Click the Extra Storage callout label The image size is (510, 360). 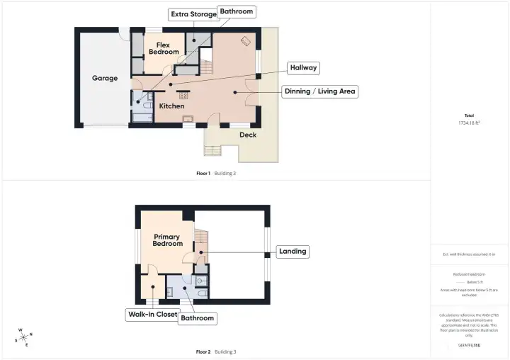pyautogui.click(x=192, y=14)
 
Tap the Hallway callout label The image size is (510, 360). pyautogui.click(x=303, y=68)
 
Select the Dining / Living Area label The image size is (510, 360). pyautogui.click(x=320, y=91)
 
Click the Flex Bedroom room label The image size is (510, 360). pyautogui.click(x=163, y=48)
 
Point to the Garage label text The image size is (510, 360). pyautogui.click(x=105, y=78)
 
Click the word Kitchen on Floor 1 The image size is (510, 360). pyautogui.click(x=171, y=106)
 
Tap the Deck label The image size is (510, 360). pyautogui.click(x=248, y=135)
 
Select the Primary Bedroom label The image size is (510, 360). pyautogui.click(x=167, y=240)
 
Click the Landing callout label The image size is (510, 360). pyautogui.click(x=293, y=252)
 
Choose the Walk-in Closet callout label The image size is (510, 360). pyautogui.click(x=152, y=314)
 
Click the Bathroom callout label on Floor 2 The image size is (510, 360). pyautogui.click(x=197, y=318)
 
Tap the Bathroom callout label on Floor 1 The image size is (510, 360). pyautogui.click(x=236, y=11)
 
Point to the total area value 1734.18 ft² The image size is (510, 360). pyautogui.click(x=469, y=123)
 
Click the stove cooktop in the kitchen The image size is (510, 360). pyautogui.click(x=183, y=95)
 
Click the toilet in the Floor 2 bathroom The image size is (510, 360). pyautogui.click(x=202, y=291)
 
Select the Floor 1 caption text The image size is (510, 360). pyautogui.click(x=203, y=173)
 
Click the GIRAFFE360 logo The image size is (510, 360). pyautogui.click(x=469, y=345)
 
